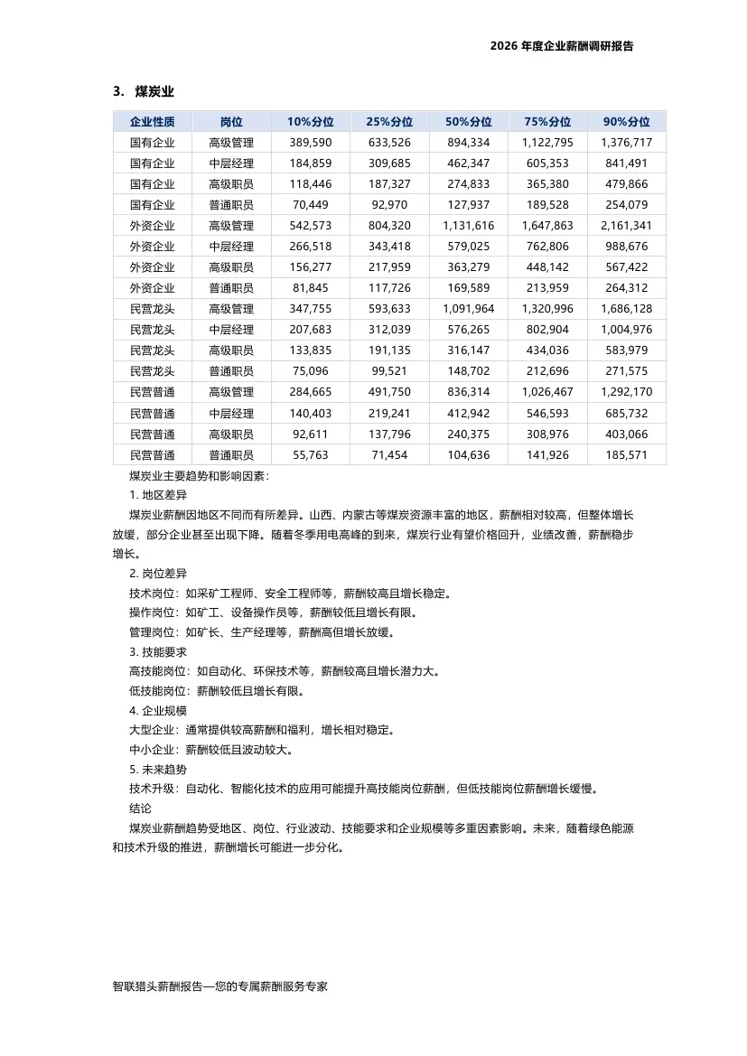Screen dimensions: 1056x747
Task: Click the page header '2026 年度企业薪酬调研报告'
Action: (561, 46)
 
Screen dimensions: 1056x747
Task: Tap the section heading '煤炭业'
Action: (154, 91)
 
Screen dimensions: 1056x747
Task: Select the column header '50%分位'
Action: (468, 122)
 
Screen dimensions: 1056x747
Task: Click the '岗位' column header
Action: (231, 122)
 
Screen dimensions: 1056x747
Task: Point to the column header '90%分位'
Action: (626, 122)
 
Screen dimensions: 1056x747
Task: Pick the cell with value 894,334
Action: (468, 143)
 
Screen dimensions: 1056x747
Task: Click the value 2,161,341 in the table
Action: (626, 226)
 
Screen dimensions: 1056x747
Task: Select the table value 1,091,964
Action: (468, 309)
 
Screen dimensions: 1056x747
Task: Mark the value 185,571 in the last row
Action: (626, 455)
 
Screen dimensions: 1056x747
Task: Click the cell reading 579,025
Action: (468, 247)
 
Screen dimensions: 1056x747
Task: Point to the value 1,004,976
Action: (626, 330)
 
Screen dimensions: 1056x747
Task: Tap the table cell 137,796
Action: (389, 435)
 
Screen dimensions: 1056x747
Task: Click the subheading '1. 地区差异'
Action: (158, 495)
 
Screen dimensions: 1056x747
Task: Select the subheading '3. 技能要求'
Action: (158, 651)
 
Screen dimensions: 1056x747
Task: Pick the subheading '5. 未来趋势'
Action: (158, 770)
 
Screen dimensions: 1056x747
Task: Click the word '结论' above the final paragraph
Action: (141, 808)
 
